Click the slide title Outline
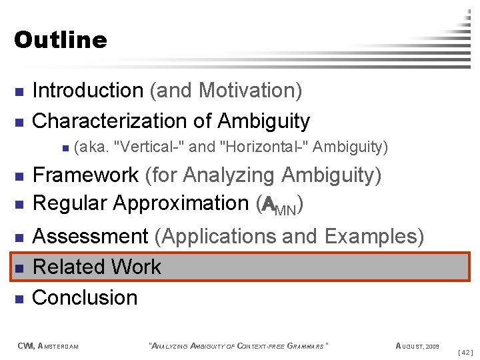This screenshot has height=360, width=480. (x=60, y=40)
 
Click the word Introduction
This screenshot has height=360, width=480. (x=87, y=90)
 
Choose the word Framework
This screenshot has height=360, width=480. (x=86, y=175)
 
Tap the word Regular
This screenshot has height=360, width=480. (x=70, y=203)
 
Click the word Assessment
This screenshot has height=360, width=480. (x=91, y=236)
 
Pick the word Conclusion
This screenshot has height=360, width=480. (x=85, y=297)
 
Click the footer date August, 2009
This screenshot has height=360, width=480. (x=417, y=345)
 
